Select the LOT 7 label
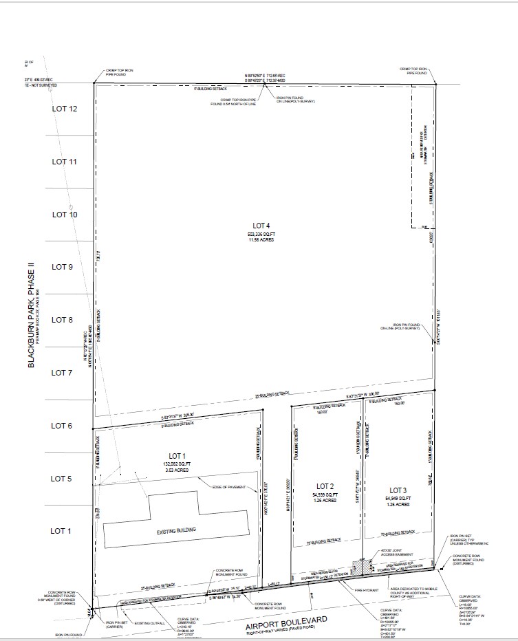tap(62, 373)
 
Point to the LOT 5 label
tap(62, 479)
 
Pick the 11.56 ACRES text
tap(261, 241)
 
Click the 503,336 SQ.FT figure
tap(261, 235)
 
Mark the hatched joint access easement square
tap(359, 566)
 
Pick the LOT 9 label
tap(62, 267)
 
